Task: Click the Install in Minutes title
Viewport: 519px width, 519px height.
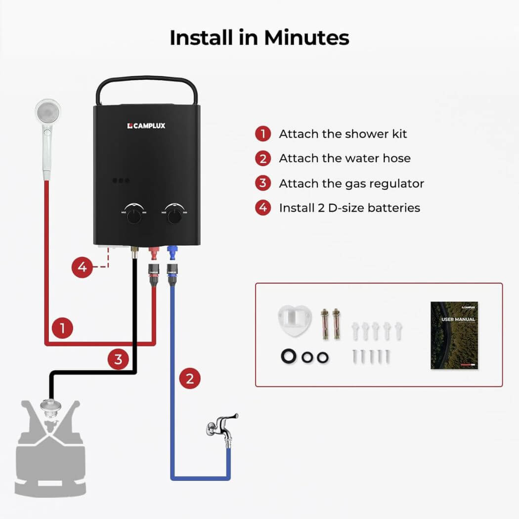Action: tap(259, 38)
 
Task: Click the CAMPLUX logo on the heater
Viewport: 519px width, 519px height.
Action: tap(146, 126)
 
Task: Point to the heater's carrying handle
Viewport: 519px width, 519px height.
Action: tap(147, 86)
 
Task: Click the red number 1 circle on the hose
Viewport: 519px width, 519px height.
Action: tap(62, 328)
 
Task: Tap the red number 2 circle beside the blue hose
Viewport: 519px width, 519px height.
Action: tap(190, 379)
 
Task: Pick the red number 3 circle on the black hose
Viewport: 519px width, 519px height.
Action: tap(118, 359)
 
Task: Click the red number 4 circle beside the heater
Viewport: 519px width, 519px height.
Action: tap(82, 267)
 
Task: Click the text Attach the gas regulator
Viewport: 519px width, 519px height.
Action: tap(351, 183)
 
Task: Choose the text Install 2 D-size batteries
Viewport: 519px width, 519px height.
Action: tap(349, 208)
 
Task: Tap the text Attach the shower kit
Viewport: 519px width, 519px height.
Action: tap(343, 134)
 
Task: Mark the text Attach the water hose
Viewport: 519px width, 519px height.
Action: tap(345, 159)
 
